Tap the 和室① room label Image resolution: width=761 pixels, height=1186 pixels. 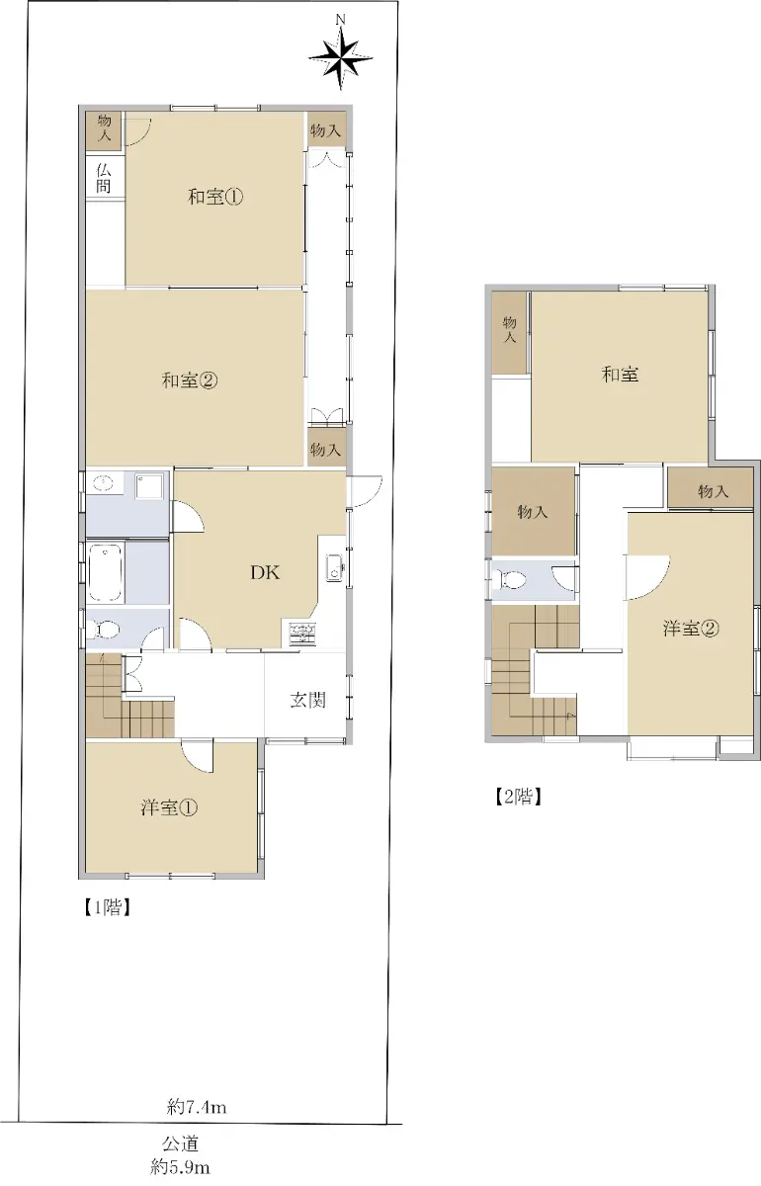[215, 197]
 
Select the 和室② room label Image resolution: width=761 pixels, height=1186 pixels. [190, 381]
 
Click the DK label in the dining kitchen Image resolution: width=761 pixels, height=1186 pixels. [265, 572]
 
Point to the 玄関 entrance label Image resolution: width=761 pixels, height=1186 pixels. [307, 700]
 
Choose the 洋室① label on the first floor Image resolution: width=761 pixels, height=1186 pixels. [169, 807]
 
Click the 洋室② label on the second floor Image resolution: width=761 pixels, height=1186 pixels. [691, 629]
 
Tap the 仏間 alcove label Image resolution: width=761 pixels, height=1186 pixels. [104, 179]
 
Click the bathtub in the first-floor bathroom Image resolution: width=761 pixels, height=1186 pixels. [105, 573]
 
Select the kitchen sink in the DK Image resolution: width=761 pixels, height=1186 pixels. [334, 567]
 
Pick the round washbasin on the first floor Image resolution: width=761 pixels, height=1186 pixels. [104, 482]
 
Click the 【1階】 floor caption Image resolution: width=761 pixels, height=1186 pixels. [107, 908]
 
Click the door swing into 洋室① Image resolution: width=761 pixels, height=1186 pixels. [197, 756]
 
